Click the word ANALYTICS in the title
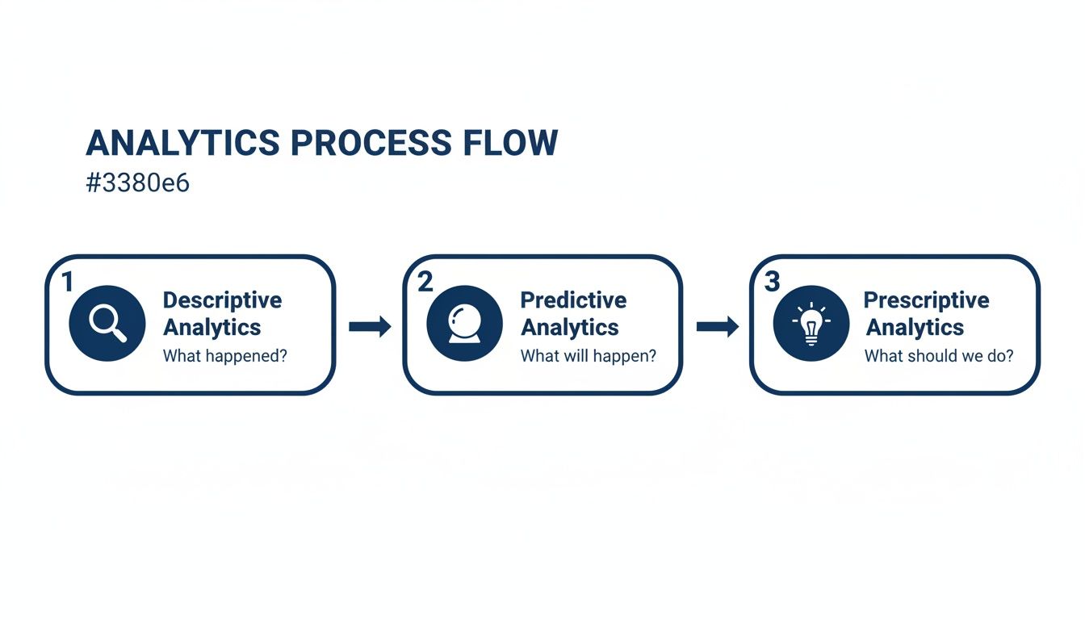(x=182, y=144)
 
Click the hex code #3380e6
(x=137, y=182)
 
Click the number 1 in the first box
(x=67, y=282)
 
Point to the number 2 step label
(x=425, y=282)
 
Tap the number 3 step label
(x=772, y=282)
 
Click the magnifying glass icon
(x=107, y=323)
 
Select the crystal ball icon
(x=464, y=323)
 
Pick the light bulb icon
(x=811, y=323)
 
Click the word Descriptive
(x=222, y=300)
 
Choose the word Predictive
(x=573, y=300)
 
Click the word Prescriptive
(x=926, y=300)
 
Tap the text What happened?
(x=224, y=355)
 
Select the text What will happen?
(x=588, y=355)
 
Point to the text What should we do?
(x=939, y=355)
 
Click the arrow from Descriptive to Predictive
(x=370, y=326)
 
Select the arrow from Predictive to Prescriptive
(x=717, y=326)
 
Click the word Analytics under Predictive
(x=569, y=328)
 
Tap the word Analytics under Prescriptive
(x=915, y=328)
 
